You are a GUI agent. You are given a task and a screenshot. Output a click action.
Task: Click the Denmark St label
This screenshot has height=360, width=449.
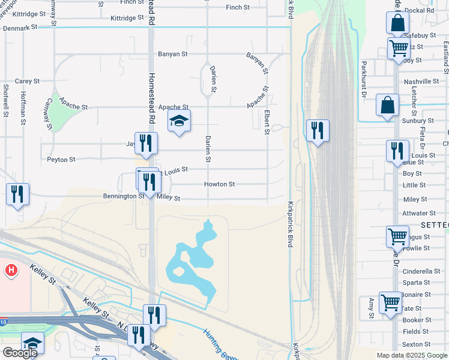tap(20, 28)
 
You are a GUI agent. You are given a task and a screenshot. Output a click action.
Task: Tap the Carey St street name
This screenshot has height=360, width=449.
tap(27, 81)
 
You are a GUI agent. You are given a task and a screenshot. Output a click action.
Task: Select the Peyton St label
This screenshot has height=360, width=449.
tap(61, 160)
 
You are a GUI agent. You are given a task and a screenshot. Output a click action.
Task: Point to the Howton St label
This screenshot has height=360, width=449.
tap(219, 184)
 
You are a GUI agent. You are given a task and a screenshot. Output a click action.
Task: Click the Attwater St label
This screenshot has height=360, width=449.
tap(419, 213)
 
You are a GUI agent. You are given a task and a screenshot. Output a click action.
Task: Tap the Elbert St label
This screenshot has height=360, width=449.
tap(267, 121)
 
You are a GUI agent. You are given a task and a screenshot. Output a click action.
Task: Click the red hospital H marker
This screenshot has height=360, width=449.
tap(10, 271)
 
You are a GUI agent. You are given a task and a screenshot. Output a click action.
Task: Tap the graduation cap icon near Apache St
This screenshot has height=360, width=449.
tap(179, 121)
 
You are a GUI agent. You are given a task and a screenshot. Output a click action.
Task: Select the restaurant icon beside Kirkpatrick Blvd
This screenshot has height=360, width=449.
tap(318, 130)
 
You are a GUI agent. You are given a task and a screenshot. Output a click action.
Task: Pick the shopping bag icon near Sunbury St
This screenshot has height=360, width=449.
tap(388, 105)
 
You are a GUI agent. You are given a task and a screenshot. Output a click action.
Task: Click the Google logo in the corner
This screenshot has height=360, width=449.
tap(20, 352)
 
